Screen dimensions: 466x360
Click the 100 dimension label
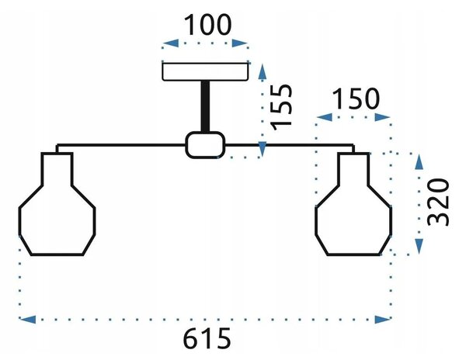click(x=207, y=25)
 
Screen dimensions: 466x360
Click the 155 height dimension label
click(x=282, y=107)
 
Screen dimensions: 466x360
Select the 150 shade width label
click(x=356, y=99)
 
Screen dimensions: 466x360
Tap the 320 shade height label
click(x=438, y=202)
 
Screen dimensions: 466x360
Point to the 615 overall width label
click(x=207, y=338)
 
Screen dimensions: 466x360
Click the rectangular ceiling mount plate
click(x=205, y=71)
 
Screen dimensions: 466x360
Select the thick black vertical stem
click(x=205, y=106)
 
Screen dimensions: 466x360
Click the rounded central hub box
click(x=205, y=145)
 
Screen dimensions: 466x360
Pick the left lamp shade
click(x=57, y=204)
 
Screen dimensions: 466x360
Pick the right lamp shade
click(x=353, y=204)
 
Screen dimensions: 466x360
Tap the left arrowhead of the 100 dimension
click(x=171, y=43)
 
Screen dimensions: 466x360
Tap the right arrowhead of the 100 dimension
click(x=240, y=43)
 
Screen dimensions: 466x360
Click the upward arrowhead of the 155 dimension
click(x=263, y=72)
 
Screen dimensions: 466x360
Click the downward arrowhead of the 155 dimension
click(x=263, y=149)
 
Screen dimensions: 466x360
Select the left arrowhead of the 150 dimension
click(x=324, y=117)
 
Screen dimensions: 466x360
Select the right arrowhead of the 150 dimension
click(x=382, y=117)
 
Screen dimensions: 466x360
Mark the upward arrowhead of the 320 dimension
click(x=419, y=161)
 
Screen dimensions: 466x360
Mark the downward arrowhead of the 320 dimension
click(x=419, y=246)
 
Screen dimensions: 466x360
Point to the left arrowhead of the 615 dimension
click(x=28, y=320)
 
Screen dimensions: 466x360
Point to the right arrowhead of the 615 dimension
click(x=382, y=320)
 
